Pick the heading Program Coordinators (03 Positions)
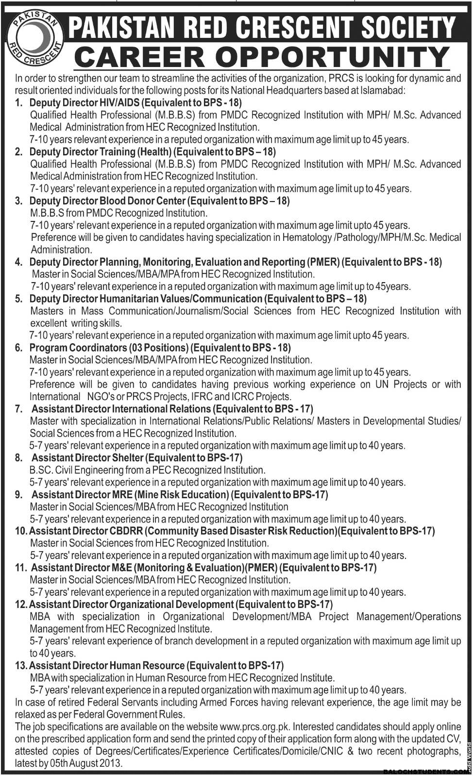pyautogui.click(x=109, y=348)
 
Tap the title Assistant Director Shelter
pyautogui.click(x=87, y=457)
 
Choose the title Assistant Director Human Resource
pyautogui.click(x=107, y=665)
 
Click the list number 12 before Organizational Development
pyautogui.click(x=21, y=605)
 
